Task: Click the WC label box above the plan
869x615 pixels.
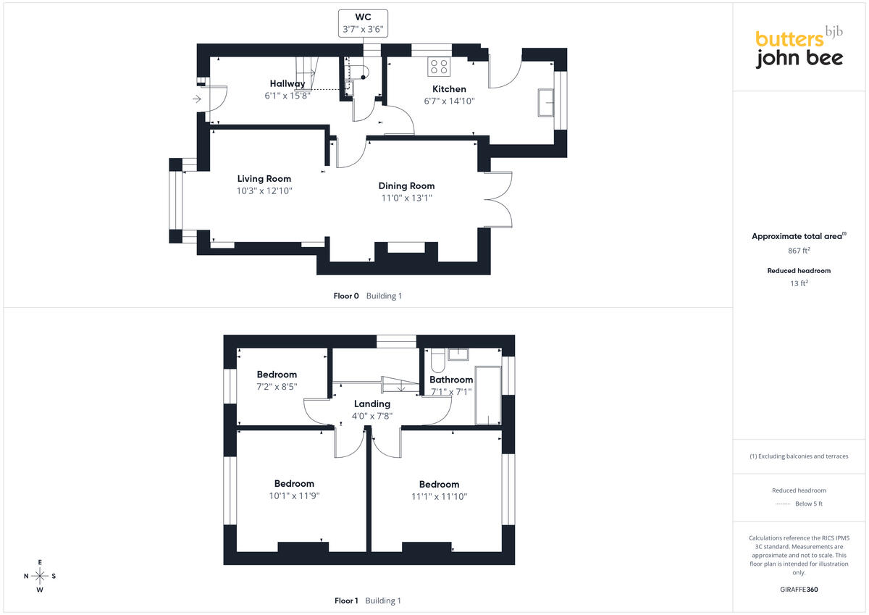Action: (x=363, y=23)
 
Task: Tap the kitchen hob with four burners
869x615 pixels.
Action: (x=439, y=67)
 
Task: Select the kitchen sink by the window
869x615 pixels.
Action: (x=545, y=102)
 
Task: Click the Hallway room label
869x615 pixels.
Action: (x=287, y=83)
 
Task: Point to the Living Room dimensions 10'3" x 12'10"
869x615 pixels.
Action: (x=264, y=191)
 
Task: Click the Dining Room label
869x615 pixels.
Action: (x=406, y=186)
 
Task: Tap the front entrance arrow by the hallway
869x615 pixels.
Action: (x=197, y=99)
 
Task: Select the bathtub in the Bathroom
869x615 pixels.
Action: (x=488, y=395)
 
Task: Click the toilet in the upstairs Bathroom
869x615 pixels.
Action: (x=437, y=361)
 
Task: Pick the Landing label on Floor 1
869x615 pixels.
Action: (x=372, y=404)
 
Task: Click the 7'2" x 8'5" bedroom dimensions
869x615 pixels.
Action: (x=277, y=387)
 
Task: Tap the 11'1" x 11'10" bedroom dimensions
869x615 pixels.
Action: (x=439, y=496)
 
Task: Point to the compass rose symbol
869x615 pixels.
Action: (x=40, y=576)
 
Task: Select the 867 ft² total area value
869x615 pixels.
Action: (x=799, y=250)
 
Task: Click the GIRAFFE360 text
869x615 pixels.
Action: (x=799, y=590)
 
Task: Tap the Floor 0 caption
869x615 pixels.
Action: (x=346, y=296)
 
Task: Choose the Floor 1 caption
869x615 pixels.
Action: (x=346, y=601)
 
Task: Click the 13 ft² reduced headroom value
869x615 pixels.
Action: (x=799, y=283)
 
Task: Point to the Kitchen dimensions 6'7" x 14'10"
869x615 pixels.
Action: (x=449, y=101)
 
